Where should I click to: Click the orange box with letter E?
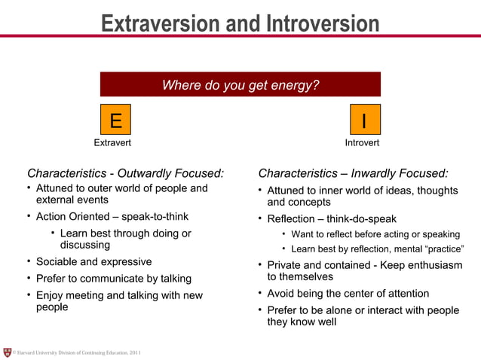pyautogui.click(x=115, y=120)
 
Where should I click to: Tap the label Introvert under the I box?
pyautogui.click(x=362, y=142)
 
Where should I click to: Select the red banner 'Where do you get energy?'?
pyautogui.click(x=240, y=85)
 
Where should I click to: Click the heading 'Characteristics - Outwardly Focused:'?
pyautogui.click(x=125, y=173)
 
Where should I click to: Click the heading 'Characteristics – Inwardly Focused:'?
pyautogui.click(x=353, y=173)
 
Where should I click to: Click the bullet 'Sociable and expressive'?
pyautogui.click(x=93, y=262)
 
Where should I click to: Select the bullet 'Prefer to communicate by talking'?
pyautogui.click(x=114, y=279)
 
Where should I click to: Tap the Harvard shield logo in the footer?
pyautogui.click(x=8, y=352)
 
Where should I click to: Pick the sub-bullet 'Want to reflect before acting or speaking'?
pyautogui.click(x=375, y=234)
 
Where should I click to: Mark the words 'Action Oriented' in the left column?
pyautogui.click(x=72, y=217)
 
